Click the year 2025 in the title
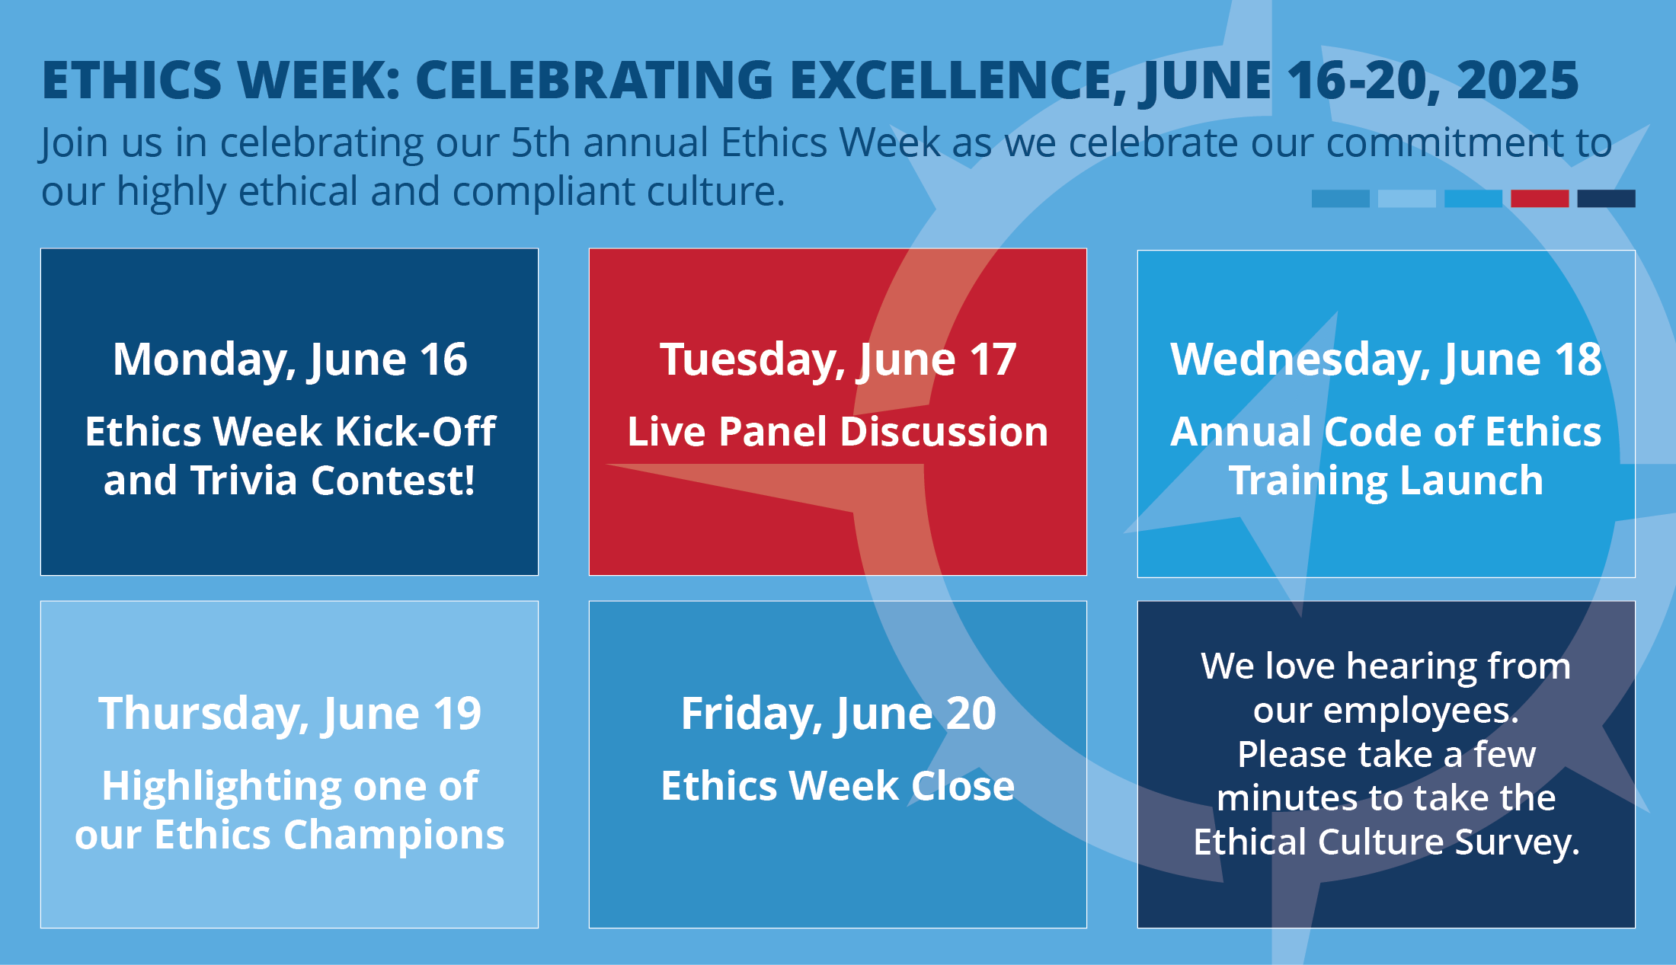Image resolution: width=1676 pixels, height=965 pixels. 1518,80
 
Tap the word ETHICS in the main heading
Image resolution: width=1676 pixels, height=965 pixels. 132,80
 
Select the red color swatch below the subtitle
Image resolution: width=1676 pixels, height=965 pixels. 1540,199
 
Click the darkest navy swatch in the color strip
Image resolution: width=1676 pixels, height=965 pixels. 1606,199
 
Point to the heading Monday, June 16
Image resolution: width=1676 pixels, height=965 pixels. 289,359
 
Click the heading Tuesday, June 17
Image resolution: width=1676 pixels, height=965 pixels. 838,359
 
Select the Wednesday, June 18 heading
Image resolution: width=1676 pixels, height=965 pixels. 1387,359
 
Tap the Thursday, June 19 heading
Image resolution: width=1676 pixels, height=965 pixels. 289,714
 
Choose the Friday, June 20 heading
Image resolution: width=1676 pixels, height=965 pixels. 838,714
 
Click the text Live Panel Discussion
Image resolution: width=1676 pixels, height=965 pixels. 838,432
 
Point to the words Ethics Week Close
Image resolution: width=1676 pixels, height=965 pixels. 838,786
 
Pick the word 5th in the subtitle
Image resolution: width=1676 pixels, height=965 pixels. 540,142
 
